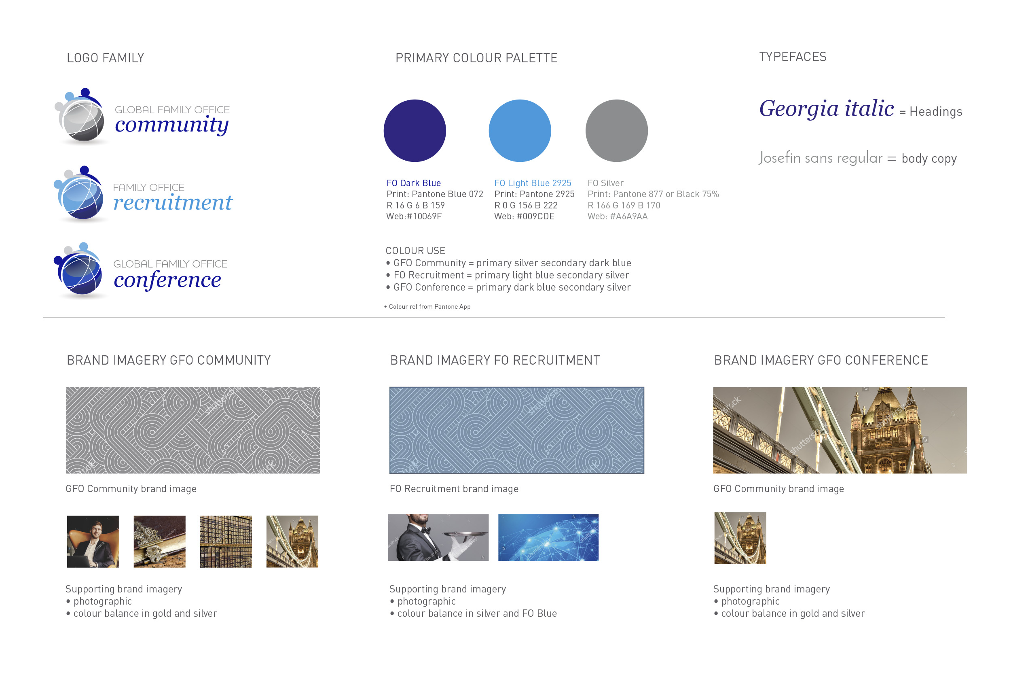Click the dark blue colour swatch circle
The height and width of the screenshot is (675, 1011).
click(x=415, y=131)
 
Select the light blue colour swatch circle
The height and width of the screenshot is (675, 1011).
click(x=520, y=131)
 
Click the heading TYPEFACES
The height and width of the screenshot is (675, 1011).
click(x=793, y=57)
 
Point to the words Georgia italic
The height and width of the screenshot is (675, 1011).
click(x=826, y=108)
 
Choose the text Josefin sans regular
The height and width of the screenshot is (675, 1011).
click(x=820, y=158)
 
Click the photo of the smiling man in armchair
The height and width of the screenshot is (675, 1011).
click(x=93, y=541)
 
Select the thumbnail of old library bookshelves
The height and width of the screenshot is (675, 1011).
click(x=226, y=541)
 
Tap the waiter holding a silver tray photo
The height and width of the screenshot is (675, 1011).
click(x=438, y=537)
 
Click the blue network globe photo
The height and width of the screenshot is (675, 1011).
click(x=548, y=537)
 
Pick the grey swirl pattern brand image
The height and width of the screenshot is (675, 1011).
click(x=193, y=431)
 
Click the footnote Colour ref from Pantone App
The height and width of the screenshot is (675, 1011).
click(x=429, y=306)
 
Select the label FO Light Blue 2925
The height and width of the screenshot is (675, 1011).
click(x=533, y=183)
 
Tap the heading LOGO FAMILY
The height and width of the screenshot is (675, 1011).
click(x=106, y=58)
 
